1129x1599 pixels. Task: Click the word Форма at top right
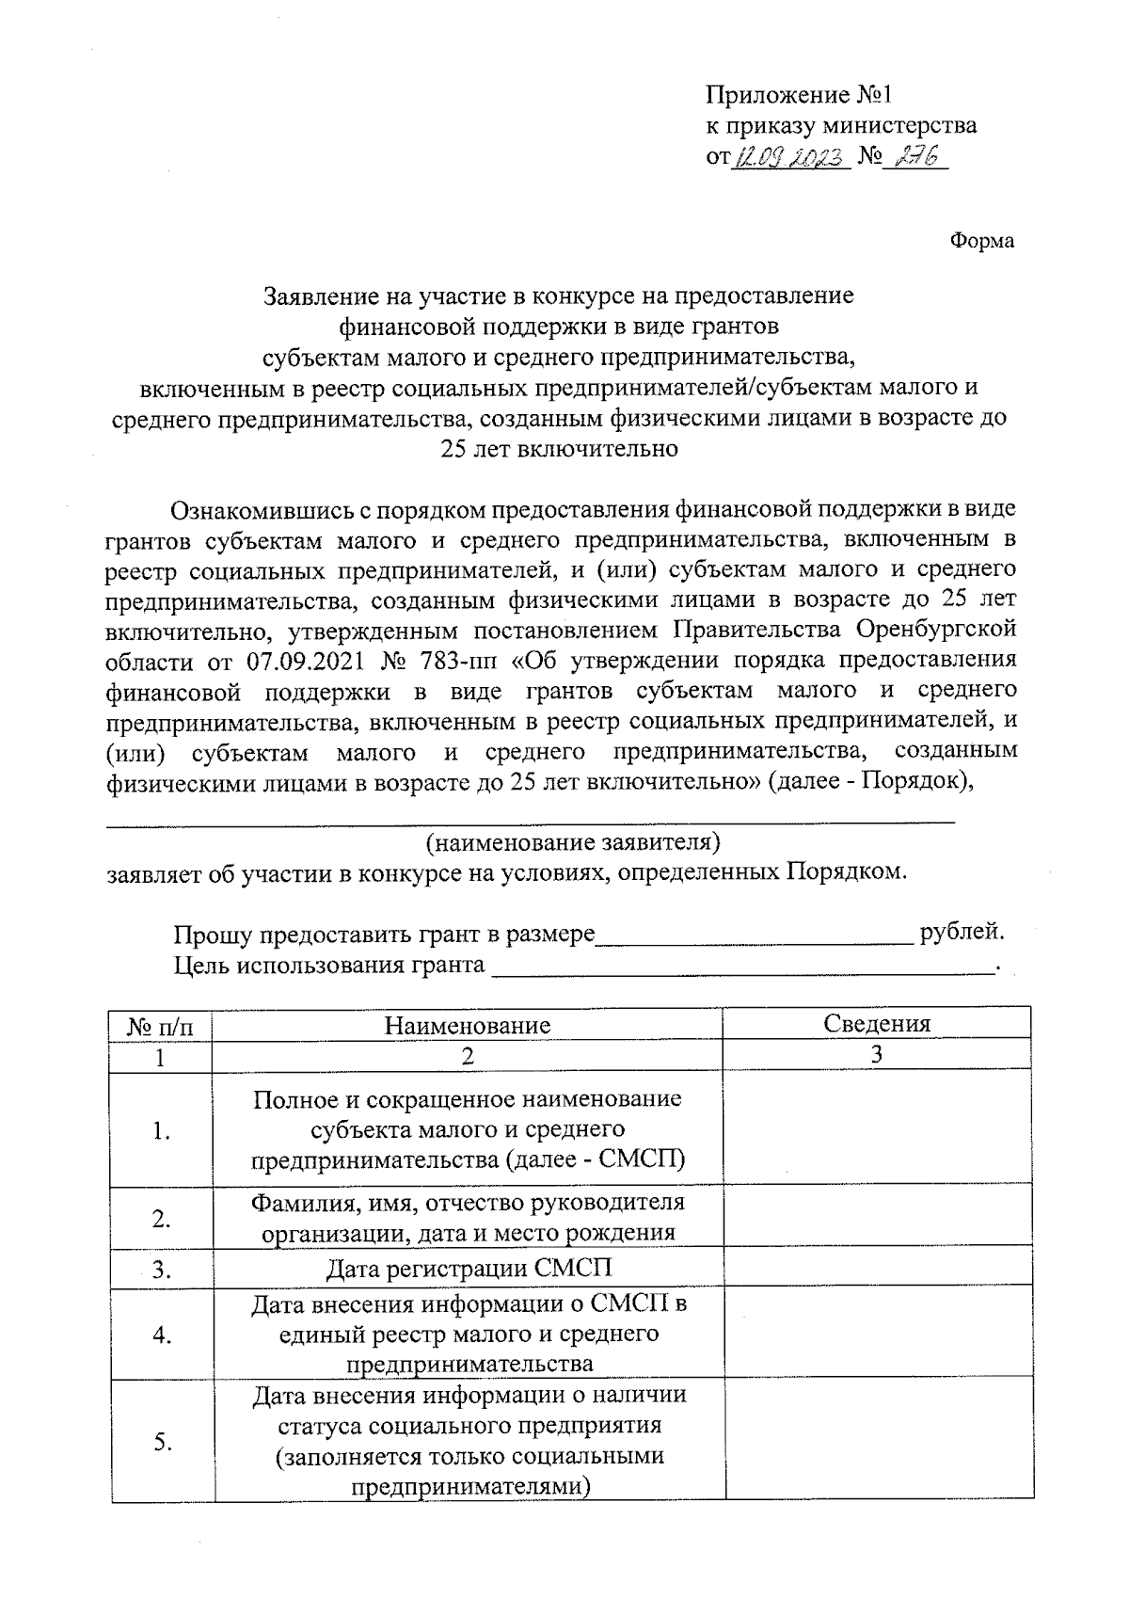point(981,241)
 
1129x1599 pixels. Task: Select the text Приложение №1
point(797,95)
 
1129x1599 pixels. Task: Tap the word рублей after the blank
point(962,932)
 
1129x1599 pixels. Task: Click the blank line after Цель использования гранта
point(743,967)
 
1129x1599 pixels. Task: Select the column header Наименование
point(467,1024)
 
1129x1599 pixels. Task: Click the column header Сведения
point(876,1023)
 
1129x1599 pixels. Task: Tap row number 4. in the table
point(161,1334)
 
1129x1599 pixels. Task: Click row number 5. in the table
point(161,1441)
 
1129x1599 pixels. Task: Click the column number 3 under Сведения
point(876,1054)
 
